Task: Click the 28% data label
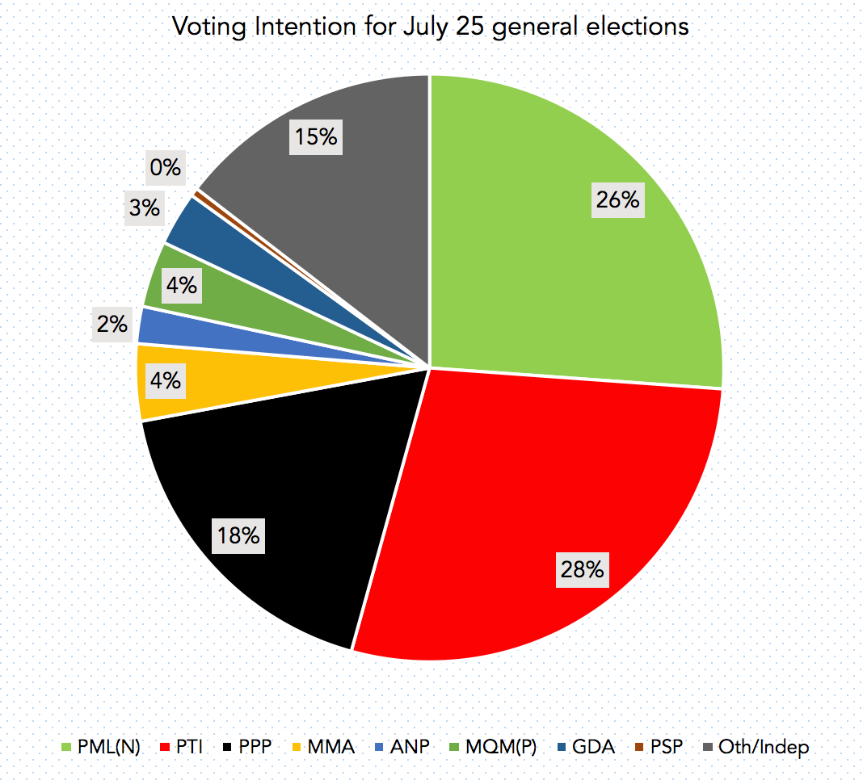click(x=581, y=569)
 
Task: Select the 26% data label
click(x=617, y=199)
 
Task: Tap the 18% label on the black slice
click(x=238, y=535)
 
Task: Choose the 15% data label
click(x=315, y=137)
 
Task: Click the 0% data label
click(x=165, y=167)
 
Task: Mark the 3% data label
click(x=144, y=208)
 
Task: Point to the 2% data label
click(x=112, y=324)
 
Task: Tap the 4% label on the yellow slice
click(x=165, y=380)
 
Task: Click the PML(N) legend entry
click(x=100, y=747)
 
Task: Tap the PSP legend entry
click(x=659, y=747)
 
